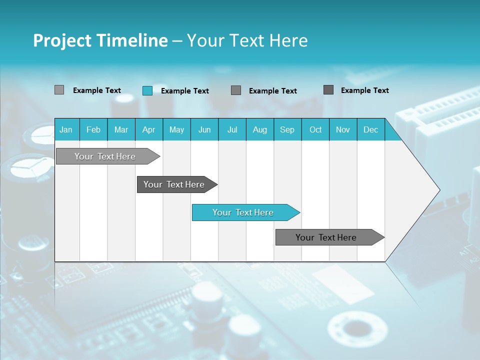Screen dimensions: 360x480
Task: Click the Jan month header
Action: (x=66, y=129)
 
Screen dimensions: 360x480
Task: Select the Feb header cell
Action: (x=93, y=129)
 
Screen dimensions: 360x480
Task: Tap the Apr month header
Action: (x=149, y=129)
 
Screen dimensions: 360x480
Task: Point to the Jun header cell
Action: (x=204, y=129)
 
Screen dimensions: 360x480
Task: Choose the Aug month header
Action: (x=260, y=129)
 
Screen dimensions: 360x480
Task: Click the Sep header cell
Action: (x=287, y=129)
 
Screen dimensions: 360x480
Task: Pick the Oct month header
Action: (x=315, y=129)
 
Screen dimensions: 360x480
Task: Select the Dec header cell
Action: (x=371, y=129)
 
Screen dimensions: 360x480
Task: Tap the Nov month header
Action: (x=343, y=129)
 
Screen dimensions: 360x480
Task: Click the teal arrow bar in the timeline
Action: (x=243, y=212)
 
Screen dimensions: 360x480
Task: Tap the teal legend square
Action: (x=147, y=90)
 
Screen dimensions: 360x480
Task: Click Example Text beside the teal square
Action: (x=185, y=91)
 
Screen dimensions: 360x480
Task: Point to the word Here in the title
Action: (x=288, y=40)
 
